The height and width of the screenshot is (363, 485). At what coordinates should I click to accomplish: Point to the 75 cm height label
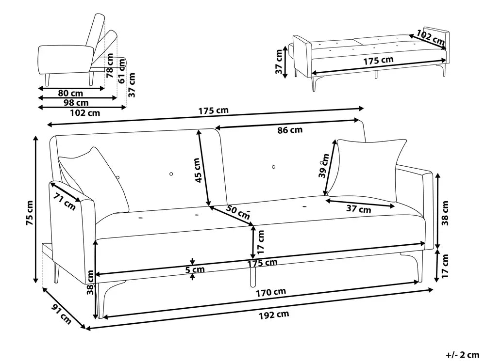point(30,213)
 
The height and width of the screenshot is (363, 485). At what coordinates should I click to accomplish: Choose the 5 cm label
point(195,269)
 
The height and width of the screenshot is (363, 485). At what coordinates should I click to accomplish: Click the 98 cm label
point(76,103)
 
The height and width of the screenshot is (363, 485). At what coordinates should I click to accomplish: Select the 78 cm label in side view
point(110,66)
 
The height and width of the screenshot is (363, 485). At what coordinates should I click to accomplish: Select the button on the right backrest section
point(273,167)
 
